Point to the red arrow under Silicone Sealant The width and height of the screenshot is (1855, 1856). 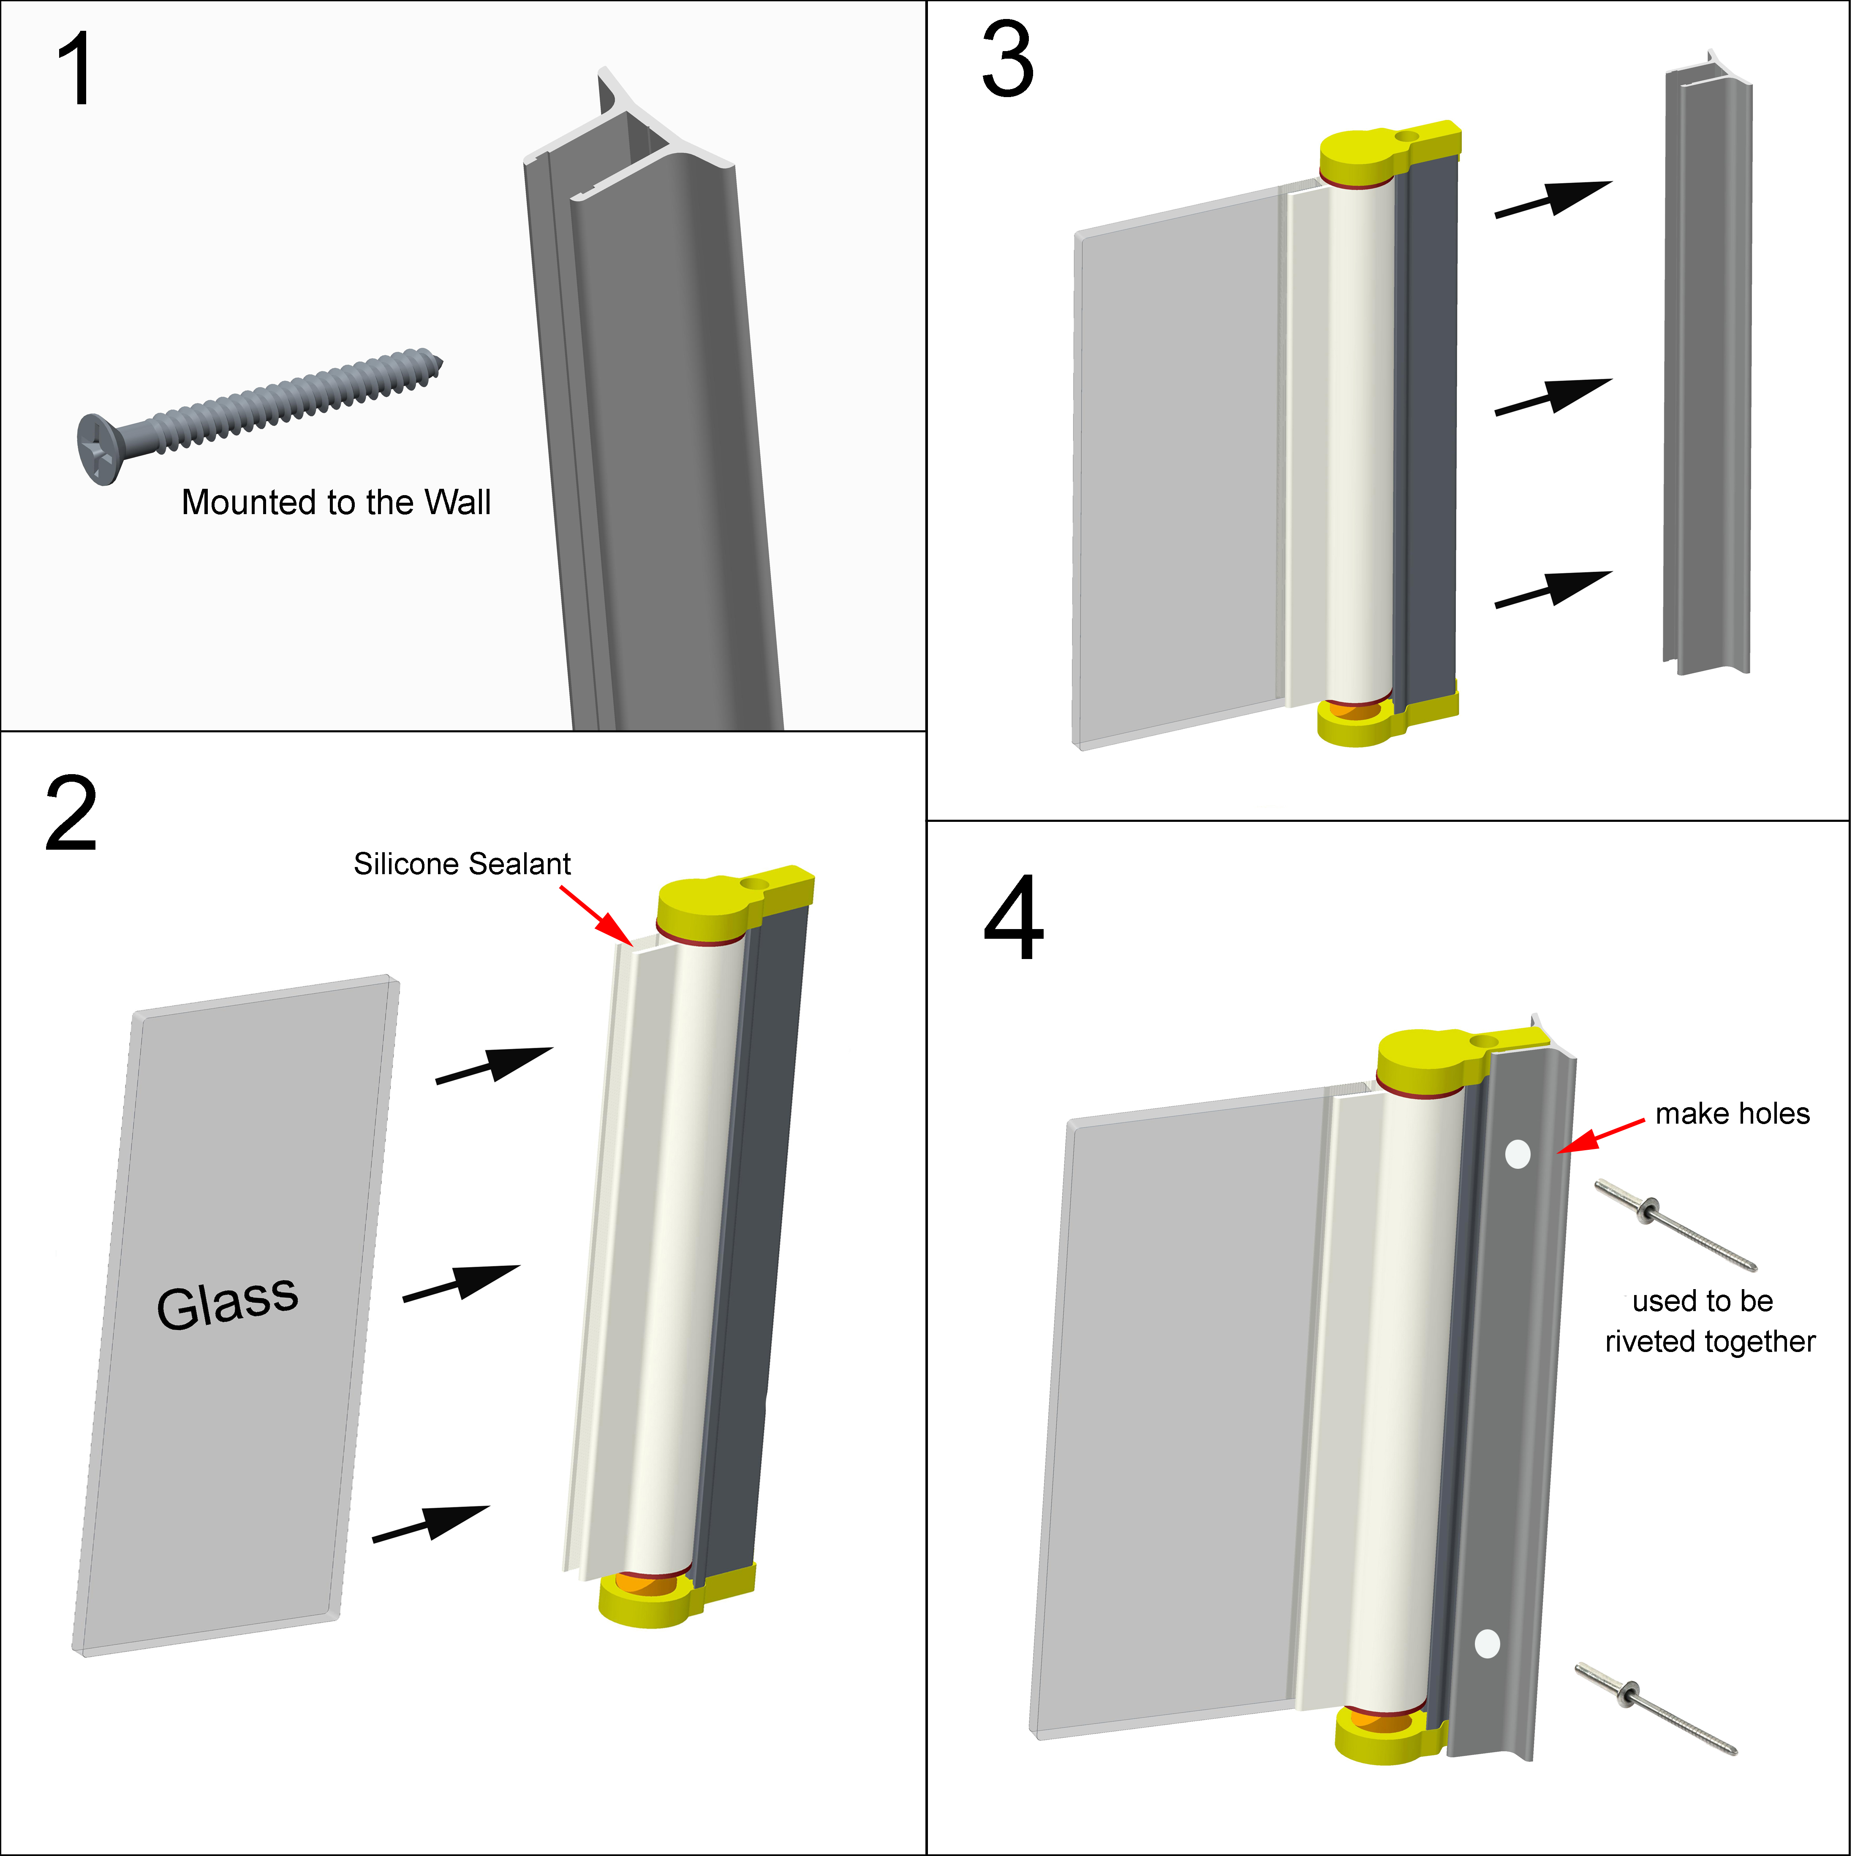596,915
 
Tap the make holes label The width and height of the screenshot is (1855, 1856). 1732,1114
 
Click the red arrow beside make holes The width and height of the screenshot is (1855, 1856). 1600,1135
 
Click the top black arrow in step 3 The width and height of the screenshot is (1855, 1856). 1552,199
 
